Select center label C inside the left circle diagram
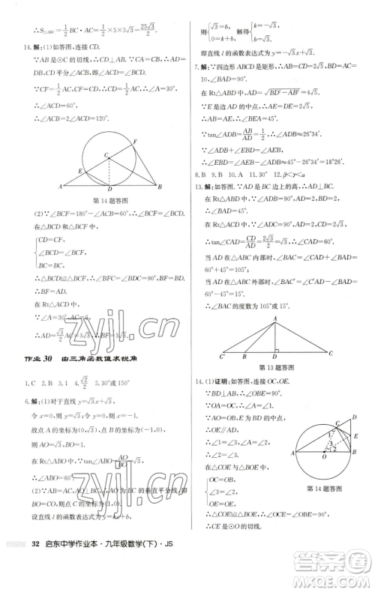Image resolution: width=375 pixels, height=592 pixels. pyautogui.click(x=105, y=155)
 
